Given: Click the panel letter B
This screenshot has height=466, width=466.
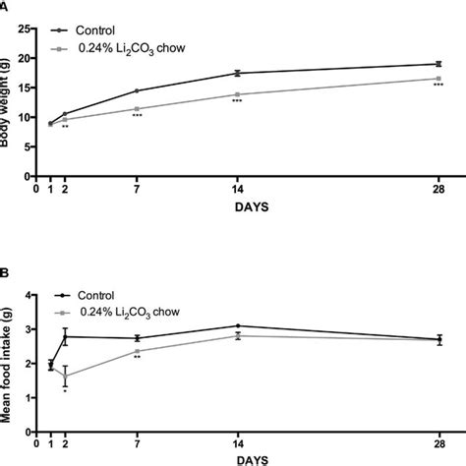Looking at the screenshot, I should pyautogui.click(x=4, y=270).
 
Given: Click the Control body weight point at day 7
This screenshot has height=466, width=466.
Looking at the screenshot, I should pyautogui.click(x=137, y=90).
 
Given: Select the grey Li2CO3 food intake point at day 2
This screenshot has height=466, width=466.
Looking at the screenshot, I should pyautogui.click(x=65, y=376).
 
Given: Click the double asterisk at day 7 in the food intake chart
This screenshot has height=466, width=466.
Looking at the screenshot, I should pyautogui.click(x=137, y=357).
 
